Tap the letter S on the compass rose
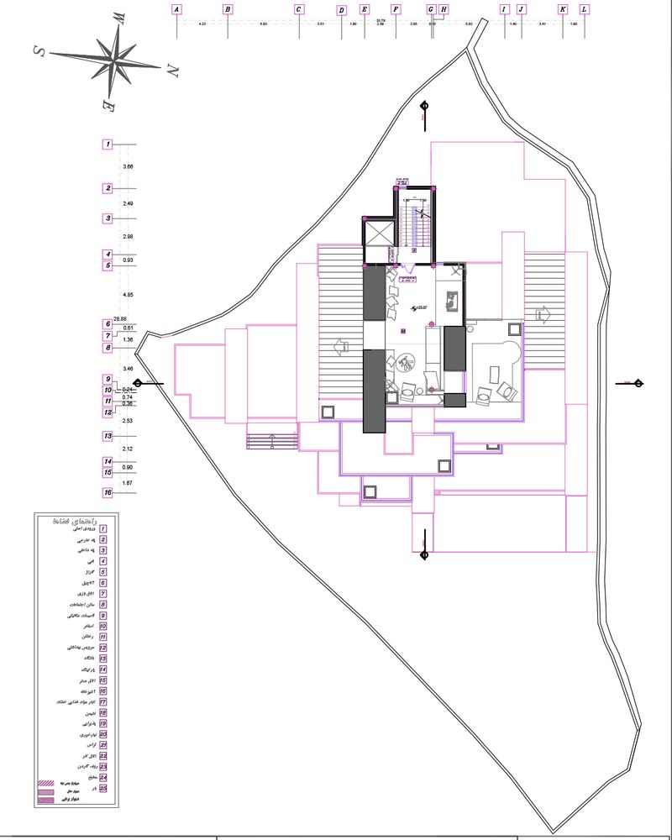39,50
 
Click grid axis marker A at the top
176,10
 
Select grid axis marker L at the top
585,10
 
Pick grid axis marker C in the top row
299,10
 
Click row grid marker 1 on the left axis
108,144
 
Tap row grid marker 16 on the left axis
108,492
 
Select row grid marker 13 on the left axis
108,436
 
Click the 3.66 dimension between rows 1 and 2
128,167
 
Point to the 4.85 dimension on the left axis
128,295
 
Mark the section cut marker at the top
424,107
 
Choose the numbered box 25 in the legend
103,789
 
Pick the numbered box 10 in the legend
103,626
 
